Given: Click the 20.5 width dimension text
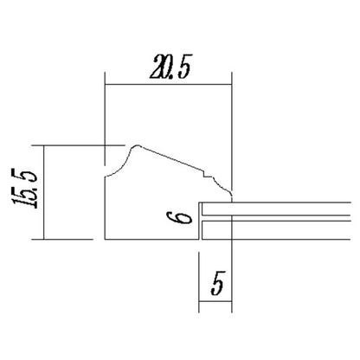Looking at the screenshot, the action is click(170, 67).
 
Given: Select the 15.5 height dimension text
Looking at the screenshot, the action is click(25, 189).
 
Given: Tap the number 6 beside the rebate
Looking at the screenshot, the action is click(179, 217).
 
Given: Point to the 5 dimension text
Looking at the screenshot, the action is click(217, 284).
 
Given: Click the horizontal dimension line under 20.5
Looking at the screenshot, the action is click(168, 85).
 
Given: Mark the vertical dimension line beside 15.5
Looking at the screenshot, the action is click(44, 192).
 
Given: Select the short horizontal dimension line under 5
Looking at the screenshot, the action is click(215, 302).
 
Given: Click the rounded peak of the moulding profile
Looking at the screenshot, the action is click(137, 145).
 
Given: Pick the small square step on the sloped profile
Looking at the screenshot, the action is click(207, 174).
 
